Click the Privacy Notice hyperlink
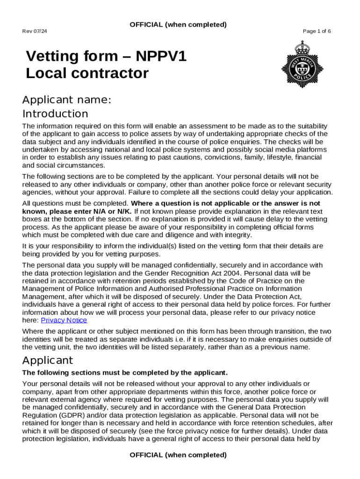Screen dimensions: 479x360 click(64, 320)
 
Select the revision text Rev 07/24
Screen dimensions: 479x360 click(35, 31)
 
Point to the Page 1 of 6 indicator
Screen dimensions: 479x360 click(317, 31)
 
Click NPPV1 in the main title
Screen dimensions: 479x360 click(161, 56)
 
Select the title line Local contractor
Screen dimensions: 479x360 click(87, 73)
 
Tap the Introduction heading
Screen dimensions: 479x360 click(55, 114)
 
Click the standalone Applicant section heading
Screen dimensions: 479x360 click(48, 360)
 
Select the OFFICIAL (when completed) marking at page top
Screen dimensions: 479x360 click(178, 24)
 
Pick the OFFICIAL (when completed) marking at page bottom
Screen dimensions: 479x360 click(178, 455)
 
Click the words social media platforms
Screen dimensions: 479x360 click(287, 149)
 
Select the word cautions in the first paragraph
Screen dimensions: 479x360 click(184, 157)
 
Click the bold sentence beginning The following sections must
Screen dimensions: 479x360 click(125, 372)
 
